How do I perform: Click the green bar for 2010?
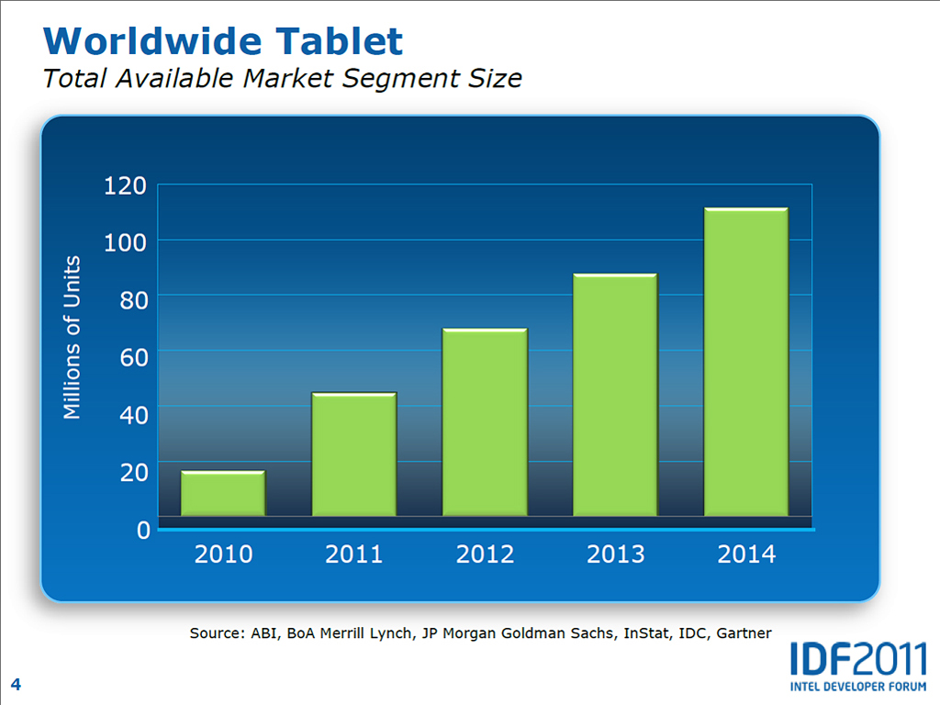(223, 493)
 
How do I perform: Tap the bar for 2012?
(485, 421)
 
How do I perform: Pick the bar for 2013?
(615, 394)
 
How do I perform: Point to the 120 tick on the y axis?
(127, 185)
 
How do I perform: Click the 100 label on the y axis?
(127, 241)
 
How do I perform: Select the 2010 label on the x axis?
(223, 554)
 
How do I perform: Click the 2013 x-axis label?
(615, 554)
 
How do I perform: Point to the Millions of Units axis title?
(73, 338)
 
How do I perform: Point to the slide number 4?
(17, 683)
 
